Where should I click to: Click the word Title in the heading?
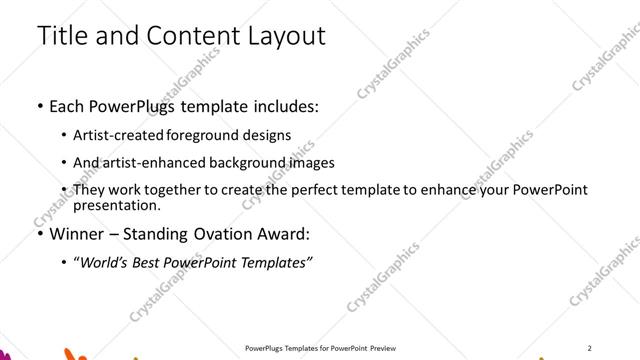[x=59, y=36]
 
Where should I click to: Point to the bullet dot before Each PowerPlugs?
[x=39, y=106]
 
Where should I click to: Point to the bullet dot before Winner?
[x=39, y=235]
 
